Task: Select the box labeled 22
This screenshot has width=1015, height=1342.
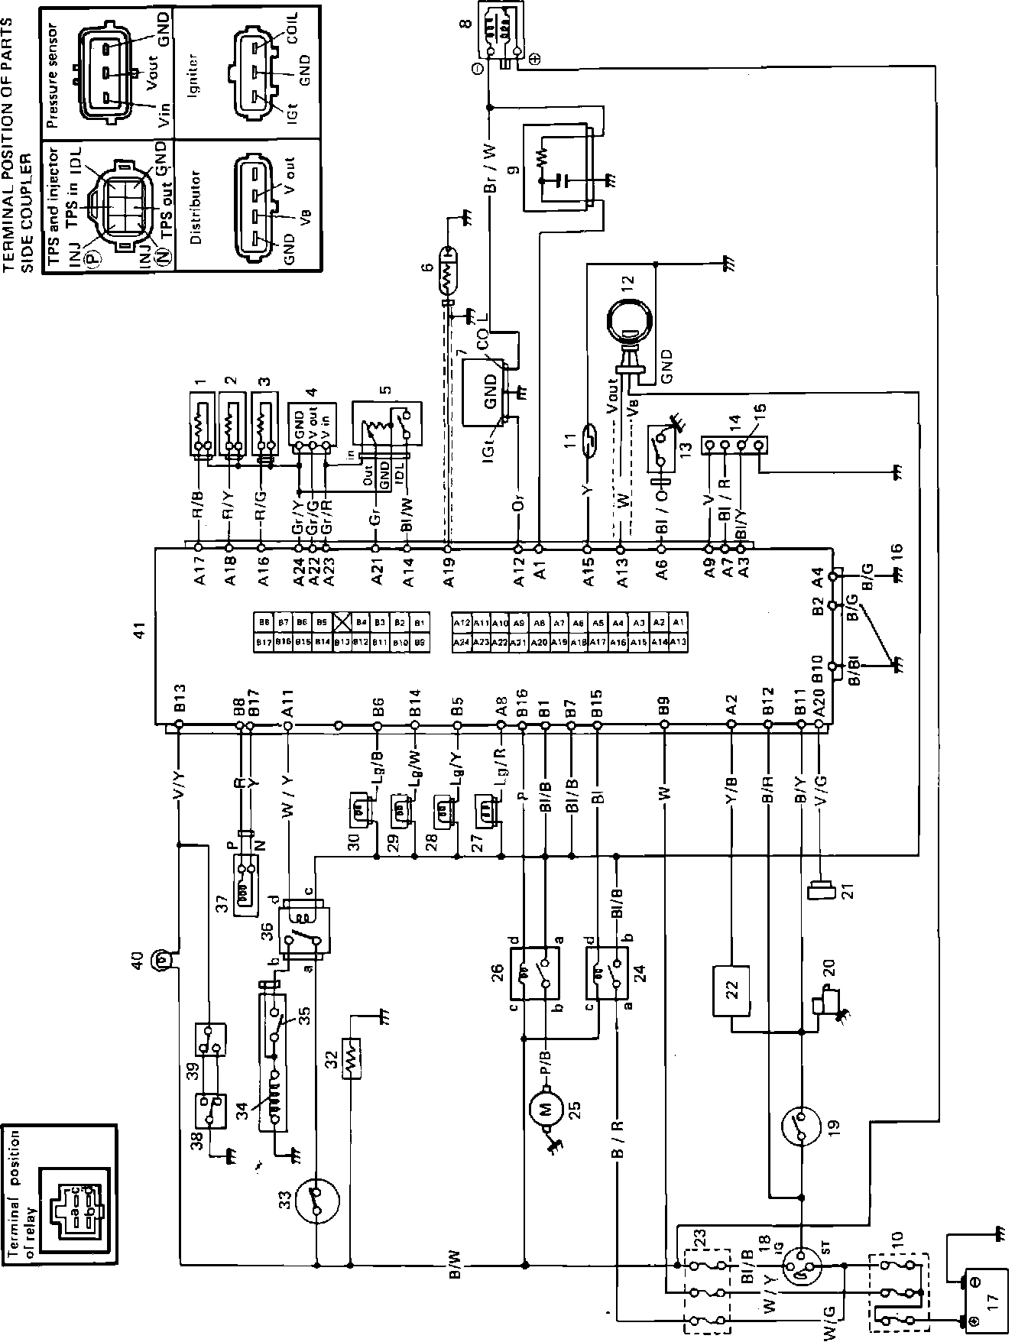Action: (x=732, y=990)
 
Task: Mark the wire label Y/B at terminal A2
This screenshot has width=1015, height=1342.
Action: (x=731, y=792)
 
